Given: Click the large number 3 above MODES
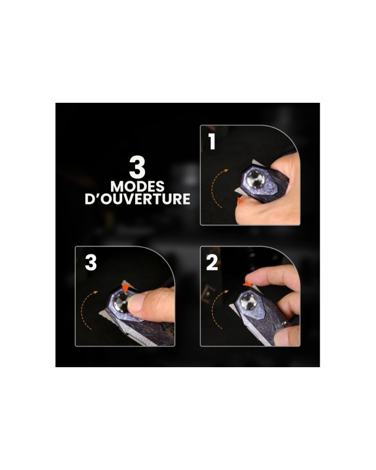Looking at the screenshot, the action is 137,167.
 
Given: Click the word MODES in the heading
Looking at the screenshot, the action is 137,186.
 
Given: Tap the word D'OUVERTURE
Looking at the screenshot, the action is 137,199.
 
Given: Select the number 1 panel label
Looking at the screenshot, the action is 212,142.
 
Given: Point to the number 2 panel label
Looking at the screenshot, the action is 212,263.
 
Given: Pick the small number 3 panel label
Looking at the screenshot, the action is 91,263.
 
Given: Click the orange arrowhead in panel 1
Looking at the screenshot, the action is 240,201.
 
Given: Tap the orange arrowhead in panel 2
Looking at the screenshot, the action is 247,283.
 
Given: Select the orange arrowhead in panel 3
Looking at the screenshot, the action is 125,288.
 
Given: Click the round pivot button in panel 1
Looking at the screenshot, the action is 256,180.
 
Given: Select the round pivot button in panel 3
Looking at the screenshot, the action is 122,303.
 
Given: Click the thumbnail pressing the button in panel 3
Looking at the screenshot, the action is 136,302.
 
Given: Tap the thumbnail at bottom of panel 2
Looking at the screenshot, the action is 281,337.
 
